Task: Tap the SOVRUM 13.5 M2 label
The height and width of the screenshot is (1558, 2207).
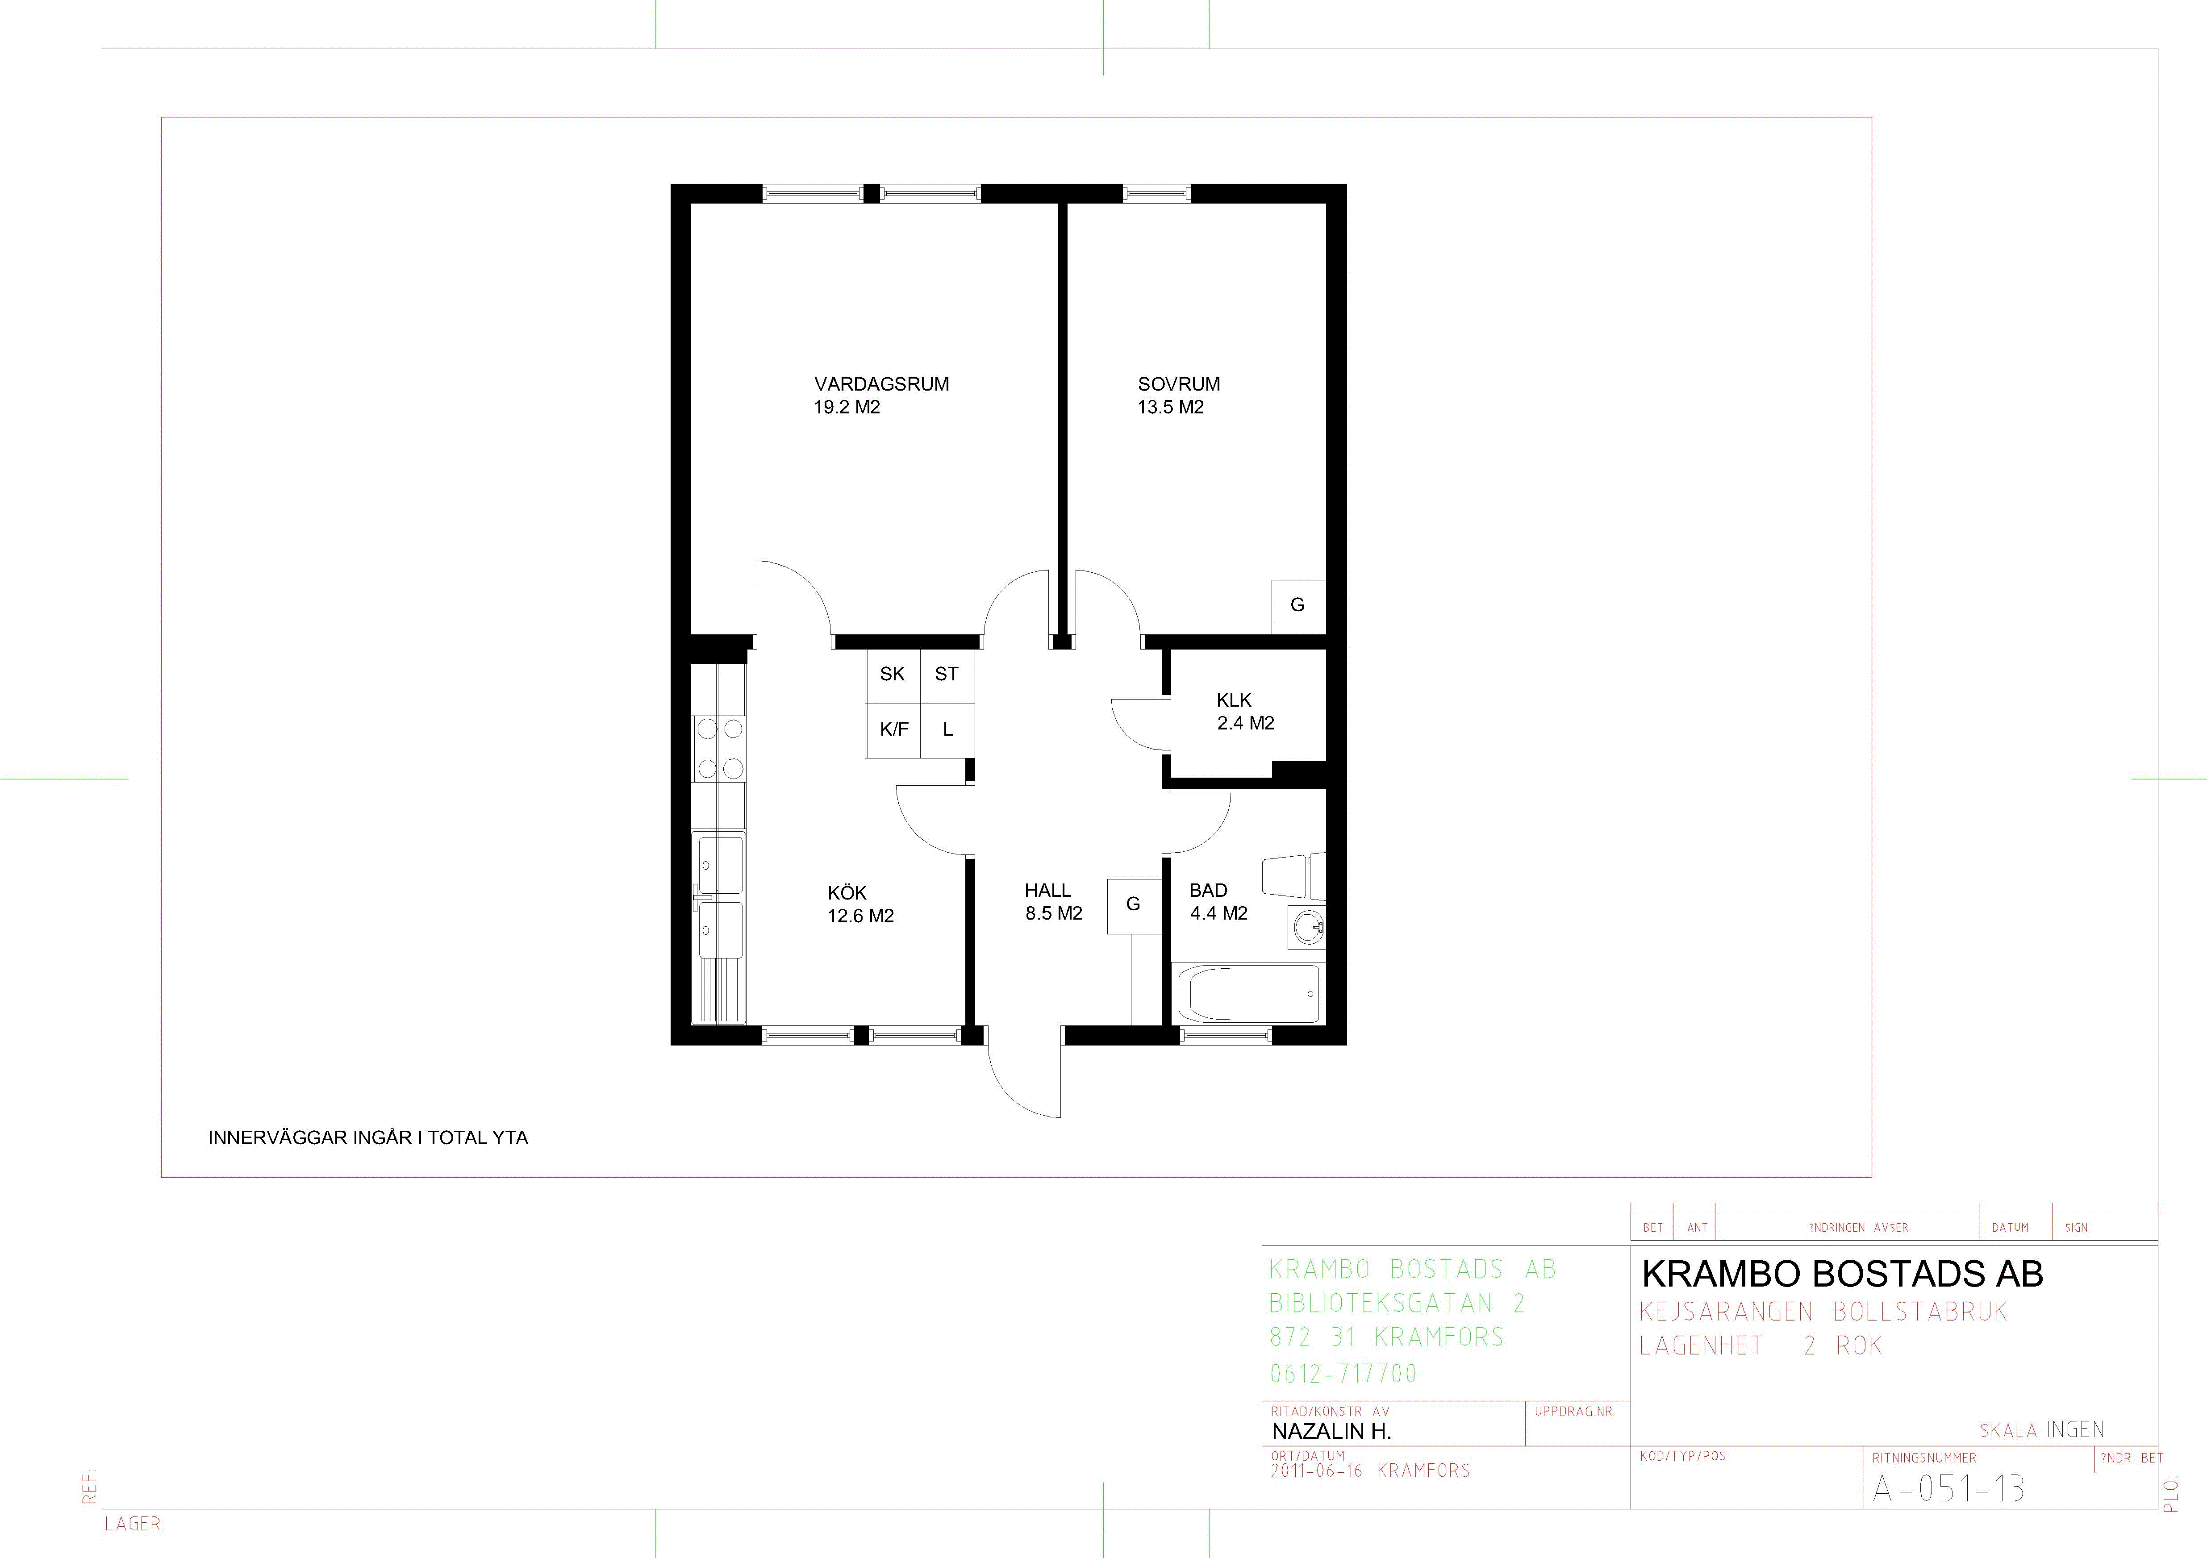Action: coord(1178,395)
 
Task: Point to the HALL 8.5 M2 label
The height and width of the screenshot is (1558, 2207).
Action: coord(1054,902)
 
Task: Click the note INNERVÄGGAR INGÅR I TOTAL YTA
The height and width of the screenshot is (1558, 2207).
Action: coord(368,1138)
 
